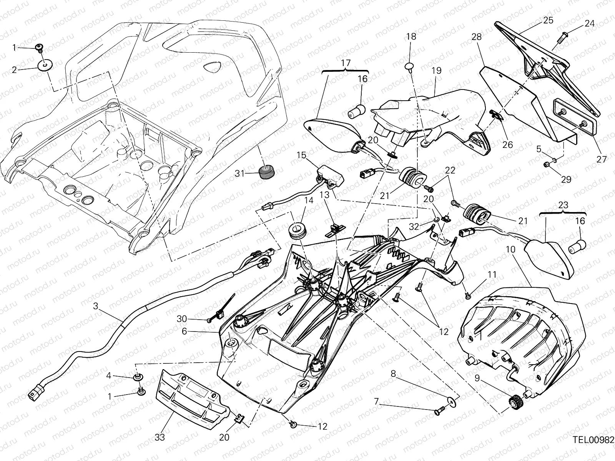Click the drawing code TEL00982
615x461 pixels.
(x=593, y=439)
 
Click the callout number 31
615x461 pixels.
(x=239, y=174)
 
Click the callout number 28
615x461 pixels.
(x=477, y=37)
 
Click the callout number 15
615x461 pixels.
(x=301, y=156)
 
